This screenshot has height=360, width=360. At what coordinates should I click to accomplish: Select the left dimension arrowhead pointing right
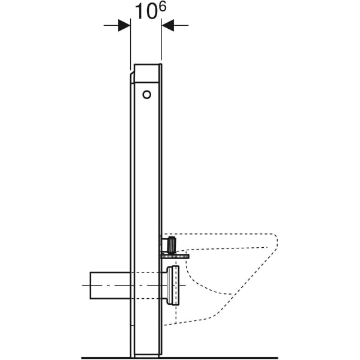coord(124,25)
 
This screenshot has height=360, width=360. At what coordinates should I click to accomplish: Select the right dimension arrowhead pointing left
coord(167,25)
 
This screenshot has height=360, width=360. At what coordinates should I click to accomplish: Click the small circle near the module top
coord(147,94)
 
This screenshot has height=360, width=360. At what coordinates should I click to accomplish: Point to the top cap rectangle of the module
coord(146,73)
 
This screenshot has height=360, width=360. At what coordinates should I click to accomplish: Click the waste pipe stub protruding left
coord(110,285)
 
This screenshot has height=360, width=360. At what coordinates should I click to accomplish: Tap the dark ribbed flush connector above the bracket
coord(172,245)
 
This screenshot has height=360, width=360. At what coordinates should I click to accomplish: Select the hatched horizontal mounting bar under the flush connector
coord(174,256)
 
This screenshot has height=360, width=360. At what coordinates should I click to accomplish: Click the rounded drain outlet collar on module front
coord(173,285)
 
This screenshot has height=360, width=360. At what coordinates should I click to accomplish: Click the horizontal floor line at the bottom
coord(180,358)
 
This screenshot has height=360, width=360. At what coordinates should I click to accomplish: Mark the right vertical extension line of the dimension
coord(161,48)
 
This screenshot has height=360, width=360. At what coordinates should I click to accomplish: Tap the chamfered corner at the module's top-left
coord(132,77)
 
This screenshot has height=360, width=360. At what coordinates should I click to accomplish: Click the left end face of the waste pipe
coord(91,285)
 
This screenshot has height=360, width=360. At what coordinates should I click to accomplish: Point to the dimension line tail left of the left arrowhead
coord(110,25)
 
